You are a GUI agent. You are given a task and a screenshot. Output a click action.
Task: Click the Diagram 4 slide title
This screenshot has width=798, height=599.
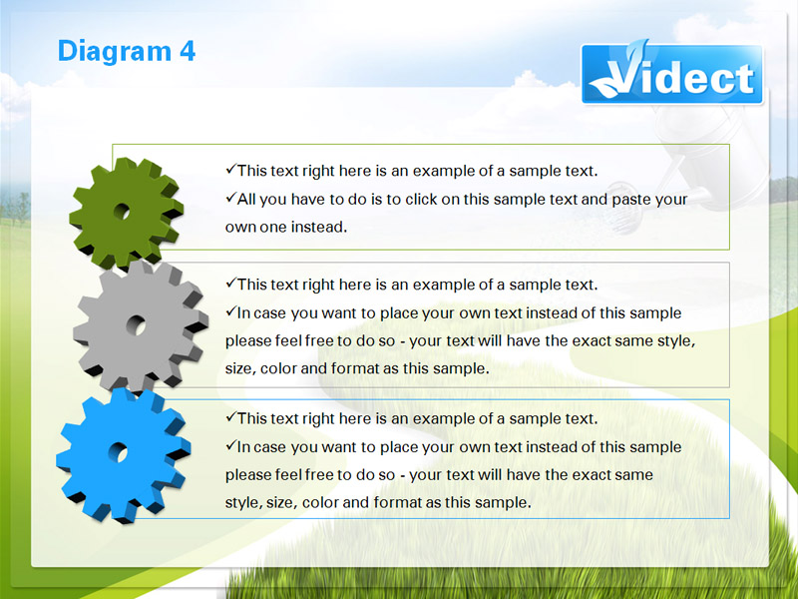[x=127, y=51]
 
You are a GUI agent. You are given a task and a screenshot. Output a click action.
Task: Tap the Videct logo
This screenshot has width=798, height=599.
[x=671, y=74]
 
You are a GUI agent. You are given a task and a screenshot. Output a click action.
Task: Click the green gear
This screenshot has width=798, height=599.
[x=127, y=213]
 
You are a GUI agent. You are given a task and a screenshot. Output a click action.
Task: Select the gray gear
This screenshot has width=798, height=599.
[x=141, y=326]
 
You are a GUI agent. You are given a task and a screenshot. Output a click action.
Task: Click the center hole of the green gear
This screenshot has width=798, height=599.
[x=122, y=211]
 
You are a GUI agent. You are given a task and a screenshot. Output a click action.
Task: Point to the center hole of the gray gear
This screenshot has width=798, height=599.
[x=136, y=325]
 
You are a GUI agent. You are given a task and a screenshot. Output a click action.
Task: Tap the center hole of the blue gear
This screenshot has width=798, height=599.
[x=118, y=452]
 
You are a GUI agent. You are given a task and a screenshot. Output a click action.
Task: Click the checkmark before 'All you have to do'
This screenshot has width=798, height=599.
[x=231, y=198]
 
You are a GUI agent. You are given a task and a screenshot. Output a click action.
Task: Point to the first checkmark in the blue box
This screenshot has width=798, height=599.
[x=231, y=417]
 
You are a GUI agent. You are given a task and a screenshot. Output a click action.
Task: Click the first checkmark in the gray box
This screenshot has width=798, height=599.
[x=231, y=284]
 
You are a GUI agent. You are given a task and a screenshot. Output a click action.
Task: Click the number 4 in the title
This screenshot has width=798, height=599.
[x=188, y=52]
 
